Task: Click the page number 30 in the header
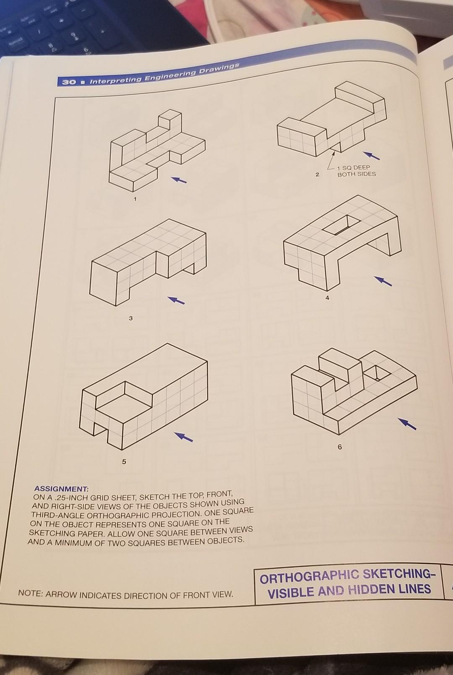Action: click(69, 82)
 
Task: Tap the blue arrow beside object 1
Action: click(179, 180)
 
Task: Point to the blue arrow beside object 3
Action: click(176, 300)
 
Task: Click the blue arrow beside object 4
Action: click(383, 281)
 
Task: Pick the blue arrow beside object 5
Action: click(184, 437)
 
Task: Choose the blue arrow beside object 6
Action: click(407, 423)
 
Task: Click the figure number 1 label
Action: click(135, 199)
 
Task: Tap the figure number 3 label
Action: click(130, 318)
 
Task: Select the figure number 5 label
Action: click(124, 461)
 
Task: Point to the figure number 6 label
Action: click(340, 447)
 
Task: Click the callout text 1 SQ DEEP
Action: click(354, 167)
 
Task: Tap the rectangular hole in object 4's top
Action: click(341, 225)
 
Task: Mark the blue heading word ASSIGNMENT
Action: click(62, 488)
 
